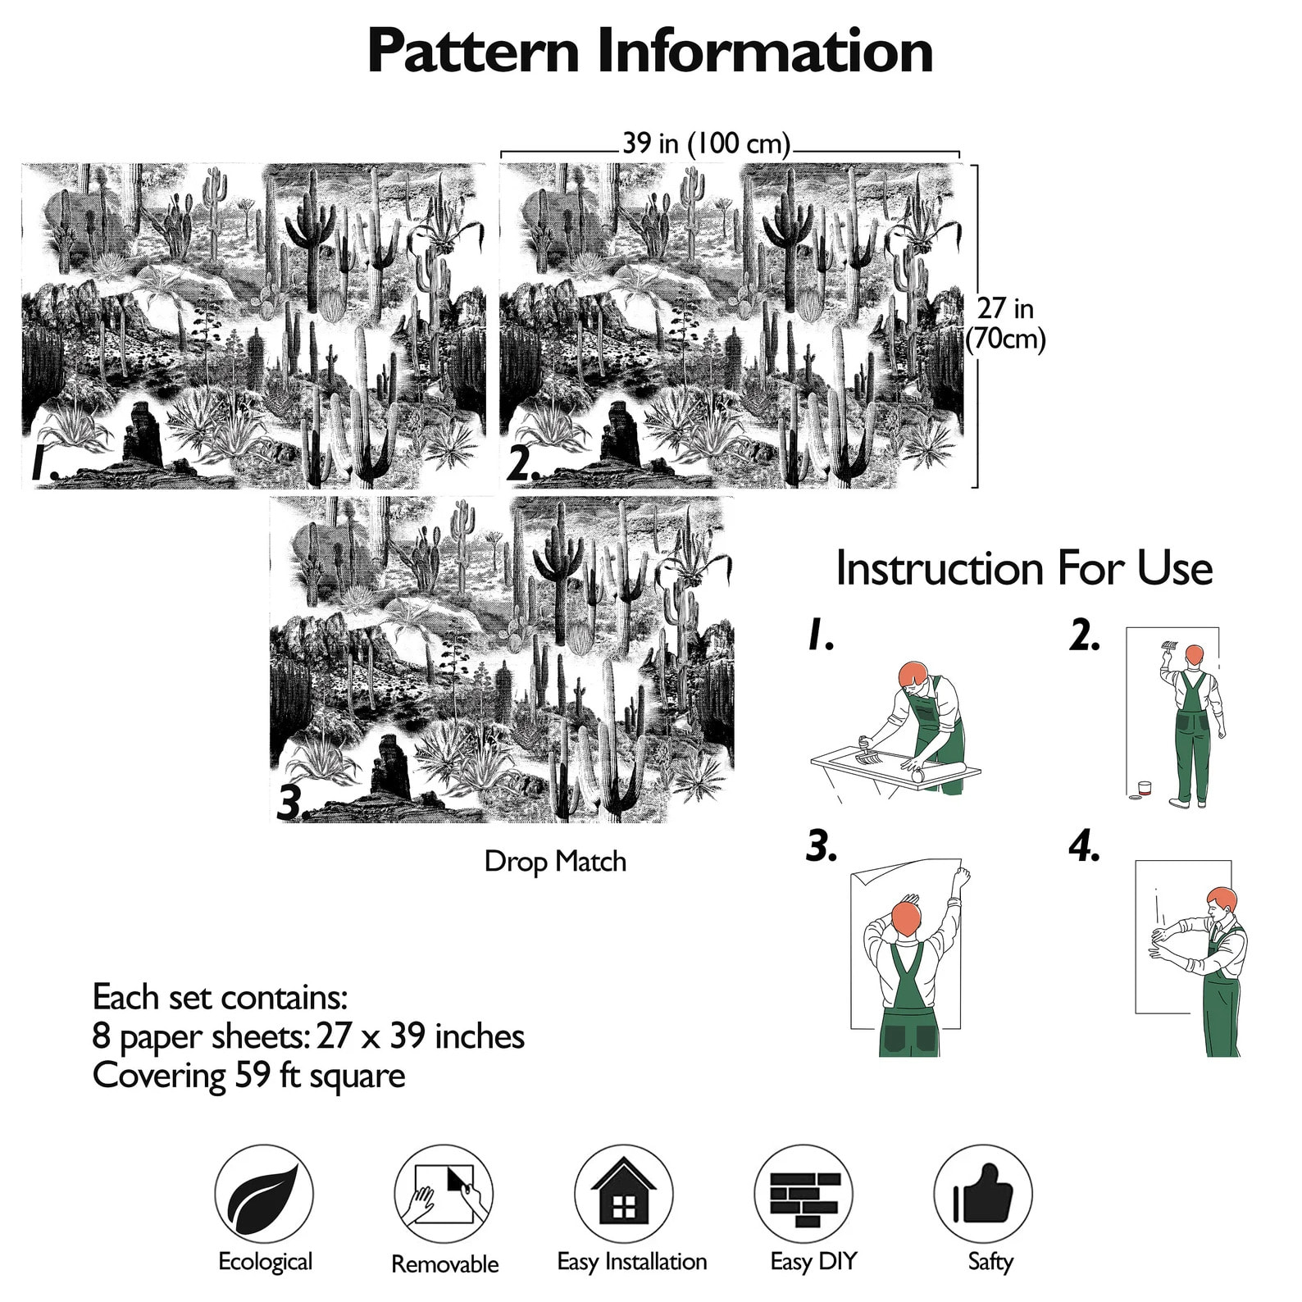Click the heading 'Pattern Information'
click(x=650, y=51)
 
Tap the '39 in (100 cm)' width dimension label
click(x=706, y=143)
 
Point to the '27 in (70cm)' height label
click(x=1005, y=323)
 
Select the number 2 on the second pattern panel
click(x=522, y=465)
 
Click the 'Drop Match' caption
click(x=555, y=862)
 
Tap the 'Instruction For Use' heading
click(x=1024, y=568)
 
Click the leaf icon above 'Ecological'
click(x=264, y=1195)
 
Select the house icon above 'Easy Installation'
click(x=624, y=1195)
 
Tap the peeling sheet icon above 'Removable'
click(x=444, y=1195)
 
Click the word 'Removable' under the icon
click(x=444, y=1263)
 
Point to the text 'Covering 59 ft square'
click(x=248, y=1076)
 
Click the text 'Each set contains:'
click(x=220, y=997)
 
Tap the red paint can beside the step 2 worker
click(x=1144, y=790)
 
